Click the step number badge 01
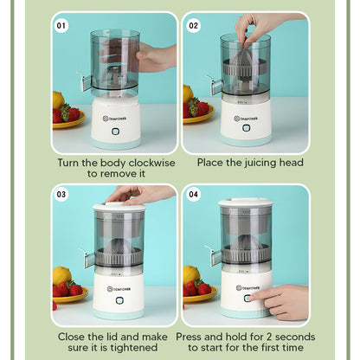(61, 26)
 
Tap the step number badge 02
(194, 26)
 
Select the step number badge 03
(61, 195)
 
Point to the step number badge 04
(194, 195)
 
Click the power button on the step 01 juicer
(117, 131)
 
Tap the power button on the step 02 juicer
(245, 129)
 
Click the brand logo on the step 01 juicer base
(117, 119)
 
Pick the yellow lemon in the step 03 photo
(61, 276)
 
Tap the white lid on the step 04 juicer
(246, 203)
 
